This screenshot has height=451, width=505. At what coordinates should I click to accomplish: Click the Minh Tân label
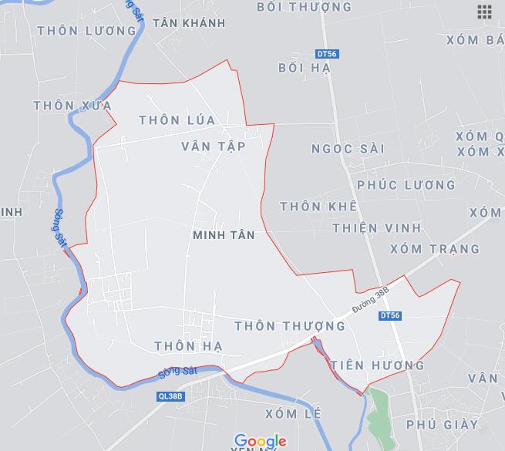pyautogui.click(x=224, y=234)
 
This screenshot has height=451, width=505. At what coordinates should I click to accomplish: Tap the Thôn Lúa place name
pyautogui.click(x=177, y=119)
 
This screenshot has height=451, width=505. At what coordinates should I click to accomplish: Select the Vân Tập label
pyautogui.click(x=214, y=146)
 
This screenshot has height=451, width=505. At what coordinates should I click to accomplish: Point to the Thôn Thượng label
pyautogui.click(x=289, y=326)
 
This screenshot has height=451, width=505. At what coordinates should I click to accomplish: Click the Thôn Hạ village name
pyautogui.click(x=188, y=346)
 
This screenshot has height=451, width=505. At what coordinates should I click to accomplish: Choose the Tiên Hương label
pyautogui.click(x=377, y=365)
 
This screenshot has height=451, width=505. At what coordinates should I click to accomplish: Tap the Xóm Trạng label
pyautogui.click(x=435, y=249)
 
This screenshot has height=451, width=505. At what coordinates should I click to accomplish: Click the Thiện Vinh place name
pyautogui.click(x=377, y=227)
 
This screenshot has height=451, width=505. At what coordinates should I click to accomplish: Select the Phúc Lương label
pyautogui.click(x=406, y=185)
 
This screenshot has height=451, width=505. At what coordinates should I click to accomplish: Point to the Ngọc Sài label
pyautogui.click(x=347, y=149)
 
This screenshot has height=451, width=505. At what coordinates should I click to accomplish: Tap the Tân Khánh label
pyautogui.click(x=189, y=23)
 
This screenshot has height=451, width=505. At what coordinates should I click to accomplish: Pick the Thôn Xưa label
pyautogui.click(x=73, y=105)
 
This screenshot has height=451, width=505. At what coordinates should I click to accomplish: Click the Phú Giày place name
pyautogui.click(x=442, y=424)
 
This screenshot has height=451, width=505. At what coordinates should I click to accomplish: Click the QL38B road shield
pyautogui.click(x=169, y=395)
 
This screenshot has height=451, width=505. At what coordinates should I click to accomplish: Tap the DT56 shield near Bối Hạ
pyautogui.click(x=327, y=54)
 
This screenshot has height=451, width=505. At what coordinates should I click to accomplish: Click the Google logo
pyautogui.click(x=261, y=441)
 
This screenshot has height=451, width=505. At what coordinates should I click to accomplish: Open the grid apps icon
pyautogui.click(x=484, y=12)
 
